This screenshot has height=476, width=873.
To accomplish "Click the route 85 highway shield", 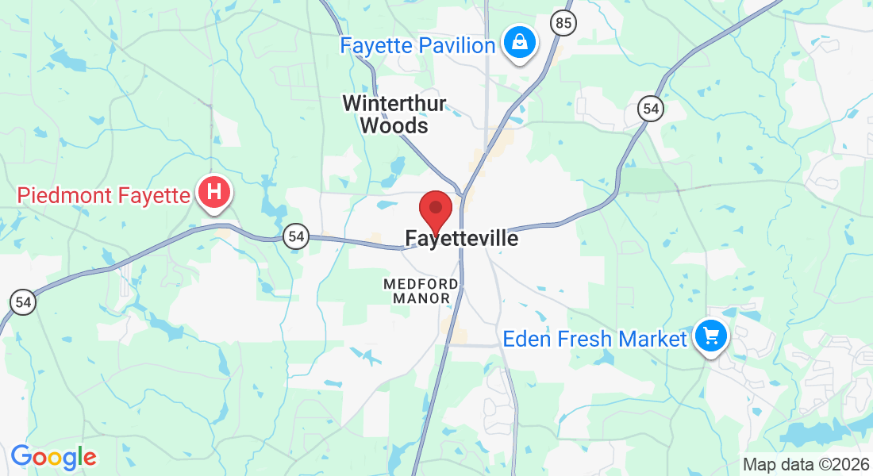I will pos(563,23).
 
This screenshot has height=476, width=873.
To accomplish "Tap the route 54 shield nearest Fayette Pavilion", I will pos(651,110).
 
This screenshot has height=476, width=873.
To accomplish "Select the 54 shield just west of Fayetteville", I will pos(296,236).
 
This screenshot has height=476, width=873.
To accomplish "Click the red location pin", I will pos(435,210).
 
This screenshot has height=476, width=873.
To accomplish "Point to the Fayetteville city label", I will pos(461,238).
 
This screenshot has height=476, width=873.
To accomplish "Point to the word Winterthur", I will pos(394,103).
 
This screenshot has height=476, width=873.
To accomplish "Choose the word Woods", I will pos(394,125).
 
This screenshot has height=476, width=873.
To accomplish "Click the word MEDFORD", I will pos(421,283).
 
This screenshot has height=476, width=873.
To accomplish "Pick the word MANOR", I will pos(421,298).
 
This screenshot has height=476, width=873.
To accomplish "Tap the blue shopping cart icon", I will pos(711,337).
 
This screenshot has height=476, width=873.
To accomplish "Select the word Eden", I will pos(525,340).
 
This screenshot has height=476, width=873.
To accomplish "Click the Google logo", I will pos(53,457).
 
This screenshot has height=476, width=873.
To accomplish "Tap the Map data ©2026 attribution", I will pos(806,465).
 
